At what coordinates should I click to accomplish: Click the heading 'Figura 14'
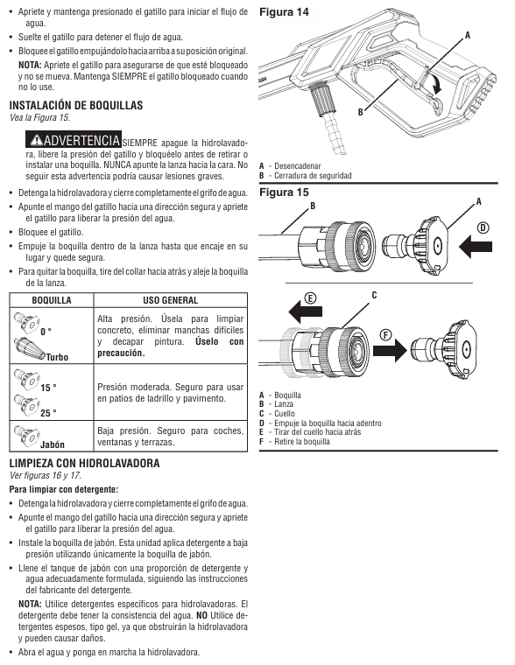pos(284,12)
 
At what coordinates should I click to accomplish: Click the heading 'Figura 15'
pos(284,192)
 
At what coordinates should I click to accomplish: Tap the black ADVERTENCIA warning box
pos(74,139)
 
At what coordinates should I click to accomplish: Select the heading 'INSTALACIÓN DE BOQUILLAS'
pos(76,105)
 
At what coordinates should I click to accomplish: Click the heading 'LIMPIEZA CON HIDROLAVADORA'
pos(84,463)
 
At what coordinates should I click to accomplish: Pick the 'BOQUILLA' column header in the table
pos(52,300)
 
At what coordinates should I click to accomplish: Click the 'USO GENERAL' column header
pos(170,300)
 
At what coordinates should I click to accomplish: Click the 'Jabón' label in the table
pos(53,444)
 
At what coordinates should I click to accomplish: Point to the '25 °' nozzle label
pos(48,413)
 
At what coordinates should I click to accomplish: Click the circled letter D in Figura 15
pos(483,228)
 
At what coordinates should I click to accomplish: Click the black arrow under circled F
pos(390,350)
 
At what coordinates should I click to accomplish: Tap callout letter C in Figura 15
pos(374,295)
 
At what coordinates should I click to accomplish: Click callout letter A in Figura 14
pos(468,36)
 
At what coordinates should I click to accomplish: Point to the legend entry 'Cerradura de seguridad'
pos(313,176)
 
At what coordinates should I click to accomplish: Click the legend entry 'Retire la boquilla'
pos(302,442)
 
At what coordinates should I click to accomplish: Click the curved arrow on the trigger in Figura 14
pos(435,83)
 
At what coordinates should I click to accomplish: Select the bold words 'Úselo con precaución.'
pos(171,347)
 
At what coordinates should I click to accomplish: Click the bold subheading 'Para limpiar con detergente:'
pos(64,489)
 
